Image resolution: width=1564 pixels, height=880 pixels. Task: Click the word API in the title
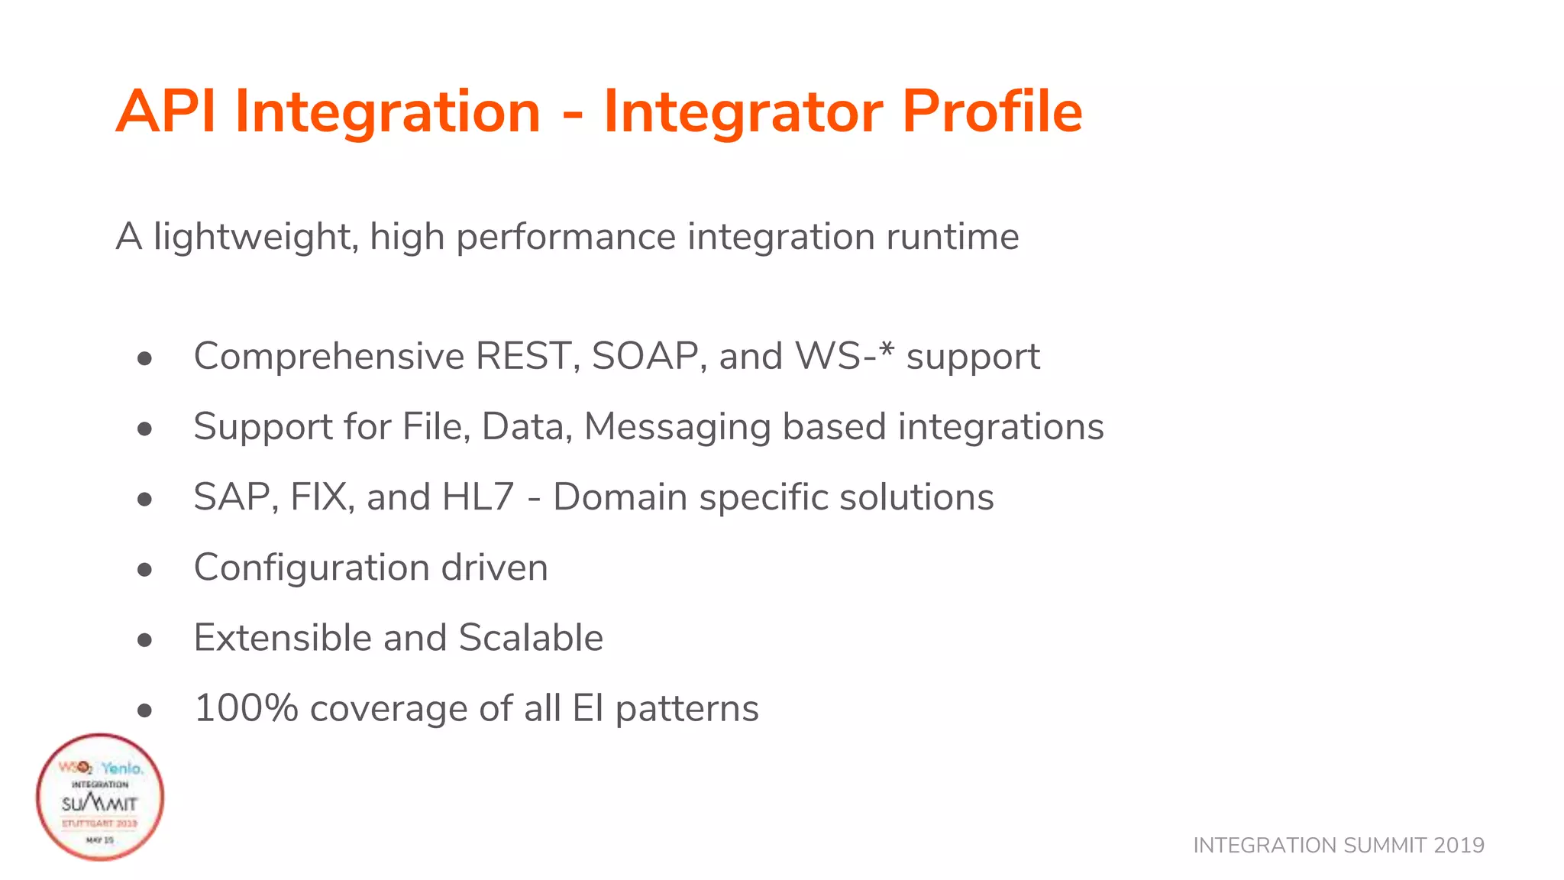[x=165, y=112]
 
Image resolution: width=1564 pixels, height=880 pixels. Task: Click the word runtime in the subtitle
[x=952, y=237]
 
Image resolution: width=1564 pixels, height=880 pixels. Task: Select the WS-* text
[x=844, y=356]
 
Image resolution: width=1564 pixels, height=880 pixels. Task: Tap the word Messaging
[x=677, y=428]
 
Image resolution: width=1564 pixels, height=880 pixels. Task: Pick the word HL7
[x=478, y=497]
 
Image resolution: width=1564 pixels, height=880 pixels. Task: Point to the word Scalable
[x=531, y=638]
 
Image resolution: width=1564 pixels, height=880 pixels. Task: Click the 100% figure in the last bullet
[x=246, y=708]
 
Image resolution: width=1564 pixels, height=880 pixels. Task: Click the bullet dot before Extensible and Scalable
[x=145, y=640]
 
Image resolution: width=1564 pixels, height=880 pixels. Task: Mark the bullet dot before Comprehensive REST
[x=145, y=358]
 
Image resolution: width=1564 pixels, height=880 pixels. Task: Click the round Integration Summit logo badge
[x=100, y=797]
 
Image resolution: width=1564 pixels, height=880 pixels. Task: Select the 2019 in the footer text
[x=1459, y=846]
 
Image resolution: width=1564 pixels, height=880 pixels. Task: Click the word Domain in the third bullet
[x=620, y=497]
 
